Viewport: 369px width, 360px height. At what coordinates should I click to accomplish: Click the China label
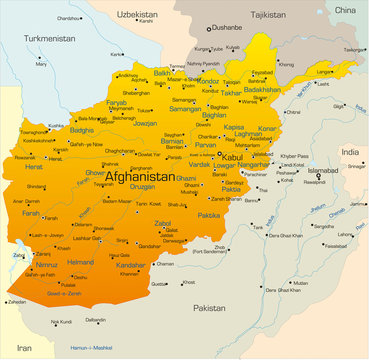[x=345, y=8]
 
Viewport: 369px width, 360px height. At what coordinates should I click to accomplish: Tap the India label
[x=349, y=151]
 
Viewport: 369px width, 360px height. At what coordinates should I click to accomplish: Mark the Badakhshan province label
[x=262, y=89]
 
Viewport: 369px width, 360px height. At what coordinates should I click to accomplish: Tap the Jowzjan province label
[x=146, y=123]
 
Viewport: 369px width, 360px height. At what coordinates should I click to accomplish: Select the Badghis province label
[x=83, y=130]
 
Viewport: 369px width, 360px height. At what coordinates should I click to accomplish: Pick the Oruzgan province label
[x=142, y=186]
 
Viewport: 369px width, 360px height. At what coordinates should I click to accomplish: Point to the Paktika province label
[x=209, y=215]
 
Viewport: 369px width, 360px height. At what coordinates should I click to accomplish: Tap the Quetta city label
[x=158, y=283]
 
